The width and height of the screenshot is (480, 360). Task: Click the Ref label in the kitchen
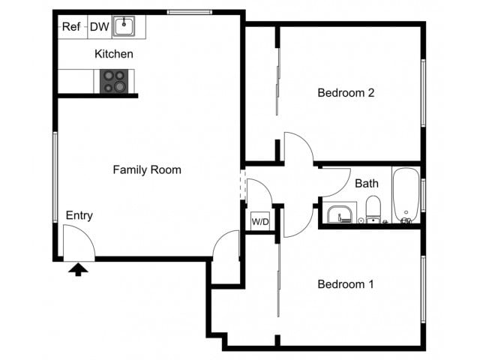tap(71, 27)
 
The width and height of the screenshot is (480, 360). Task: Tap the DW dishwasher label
tap(100, 27)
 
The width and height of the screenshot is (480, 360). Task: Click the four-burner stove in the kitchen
tap(113, 81)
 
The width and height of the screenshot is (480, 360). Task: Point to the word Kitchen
tap(114, 54)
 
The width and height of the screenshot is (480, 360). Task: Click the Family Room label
tap(147, 170)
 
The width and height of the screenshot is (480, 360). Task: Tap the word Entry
tap(79, 216)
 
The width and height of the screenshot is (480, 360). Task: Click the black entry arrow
tap(78, 268)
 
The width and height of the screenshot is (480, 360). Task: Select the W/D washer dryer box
tap(260, 222)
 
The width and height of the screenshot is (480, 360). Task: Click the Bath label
tap(367, 183)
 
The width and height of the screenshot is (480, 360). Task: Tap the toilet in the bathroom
tap(373, 209)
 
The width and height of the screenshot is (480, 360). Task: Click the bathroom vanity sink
tap(342, 214)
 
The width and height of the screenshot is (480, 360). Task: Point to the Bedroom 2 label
tap(346, 94)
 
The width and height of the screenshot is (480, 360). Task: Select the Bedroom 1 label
tap(346, 285)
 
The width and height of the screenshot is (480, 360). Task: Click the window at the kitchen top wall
tap(189, 12)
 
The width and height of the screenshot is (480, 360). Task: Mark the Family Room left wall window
tap(55, 177)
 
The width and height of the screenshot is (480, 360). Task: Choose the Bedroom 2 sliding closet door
tap(278, 79)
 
